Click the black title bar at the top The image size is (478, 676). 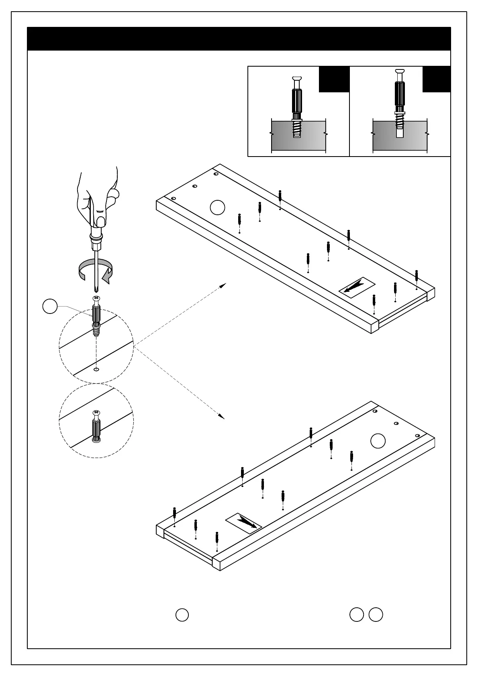coord(239,39)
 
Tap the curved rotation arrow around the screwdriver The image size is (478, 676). coord(96,271)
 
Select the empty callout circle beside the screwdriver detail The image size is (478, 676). coord(50,306)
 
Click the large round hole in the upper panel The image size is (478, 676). coord(217,207)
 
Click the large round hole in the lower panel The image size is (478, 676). coord(378,441)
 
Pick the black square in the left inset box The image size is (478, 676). coord(334,79)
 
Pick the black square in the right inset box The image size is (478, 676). coord(436,79)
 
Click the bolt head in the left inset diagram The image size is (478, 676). coord(297,78)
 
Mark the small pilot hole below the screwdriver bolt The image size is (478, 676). coord(96,369)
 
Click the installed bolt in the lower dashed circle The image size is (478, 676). coord(96,427)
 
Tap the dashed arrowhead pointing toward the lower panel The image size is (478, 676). coord(221,416)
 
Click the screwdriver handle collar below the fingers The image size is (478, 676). coord(96,240)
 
